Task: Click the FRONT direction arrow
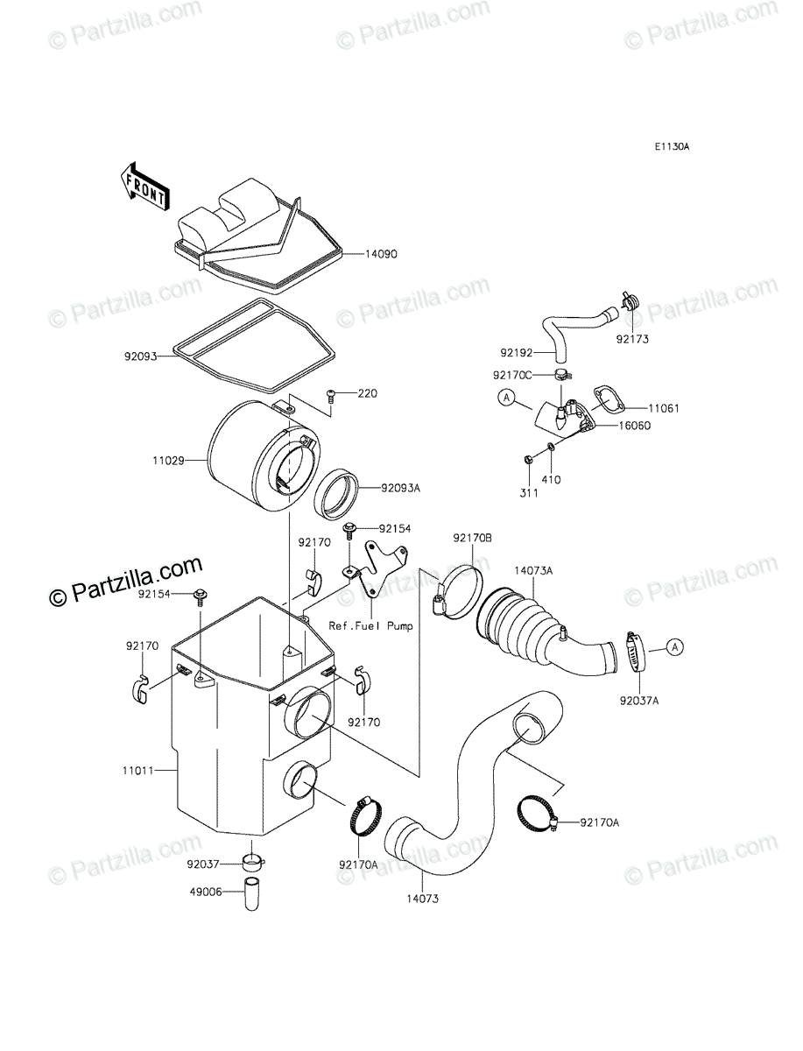coord(144,186)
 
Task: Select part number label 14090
coord(382,255)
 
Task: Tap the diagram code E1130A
coord(670,147)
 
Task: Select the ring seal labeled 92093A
coord(339,494)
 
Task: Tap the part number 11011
coord(138,771)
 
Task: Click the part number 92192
coord(517,352)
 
